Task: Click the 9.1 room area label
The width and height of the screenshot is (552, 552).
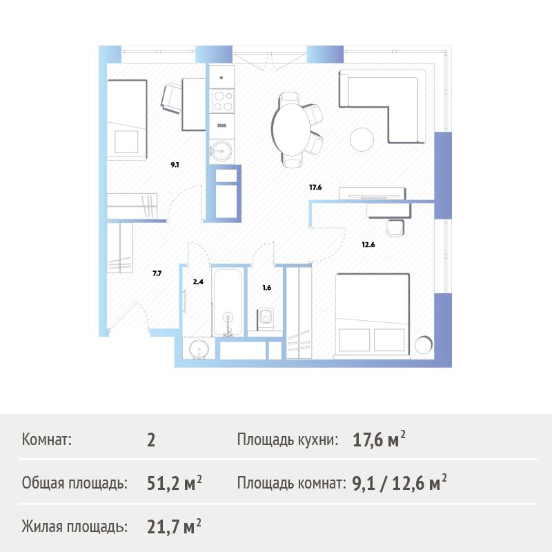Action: click(x=175, y=164)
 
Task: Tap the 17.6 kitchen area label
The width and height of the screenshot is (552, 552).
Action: click(x=315, y=187)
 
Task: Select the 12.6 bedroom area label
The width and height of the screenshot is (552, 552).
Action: click(x=368, y=245)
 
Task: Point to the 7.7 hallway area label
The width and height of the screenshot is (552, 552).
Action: click(x=157, y=273)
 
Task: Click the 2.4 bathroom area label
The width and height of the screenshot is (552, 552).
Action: click(x=198, y=282)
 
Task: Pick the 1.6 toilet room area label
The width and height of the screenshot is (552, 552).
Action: click(x=267, y=288)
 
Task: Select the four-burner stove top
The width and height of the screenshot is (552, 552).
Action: click(x=222, y=101)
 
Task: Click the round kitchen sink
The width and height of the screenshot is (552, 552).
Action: click(x=221, y=151)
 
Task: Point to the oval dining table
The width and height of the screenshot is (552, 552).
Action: click(x=291, y=130)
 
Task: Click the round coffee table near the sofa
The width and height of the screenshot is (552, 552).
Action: click(x=362, y=139)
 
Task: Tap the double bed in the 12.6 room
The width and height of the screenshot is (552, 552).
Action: click(x=373, y=315)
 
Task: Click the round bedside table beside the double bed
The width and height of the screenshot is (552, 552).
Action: click(x=424, y=345)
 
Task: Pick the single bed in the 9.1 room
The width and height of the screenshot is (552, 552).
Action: click(x=127, y=119)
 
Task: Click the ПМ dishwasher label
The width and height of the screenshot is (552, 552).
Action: click(x=221, y=126)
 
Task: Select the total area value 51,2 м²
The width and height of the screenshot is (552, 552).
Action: click(x=175, y=483)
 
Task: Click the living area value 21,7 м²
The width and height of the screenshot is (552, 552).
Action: click(x=175, y=526)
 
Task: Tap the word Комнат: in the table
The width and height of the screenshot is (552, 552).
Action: click(x=46, y=440)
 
